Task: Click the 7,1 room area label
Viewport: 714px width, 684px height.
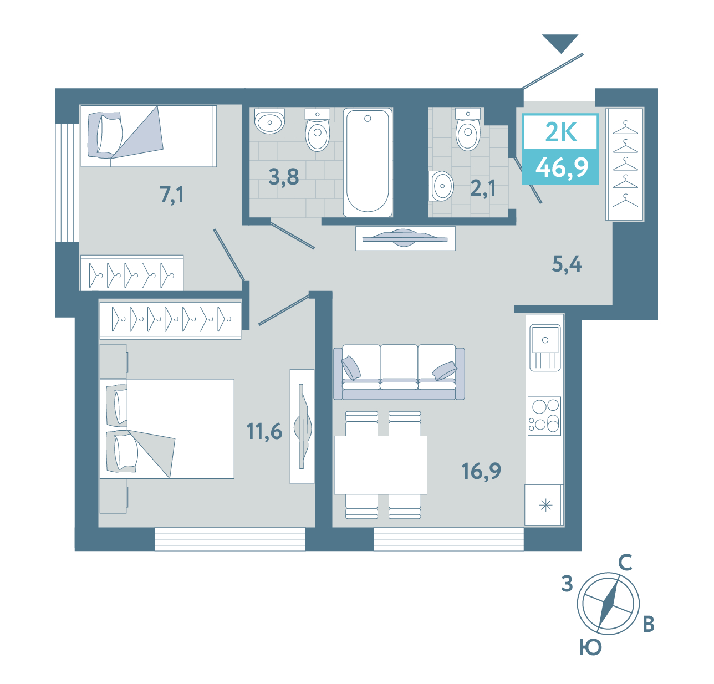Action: click(x=171, y=195)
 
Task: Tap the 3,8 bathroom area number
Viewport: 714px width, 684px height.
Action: click(x=284, y=177)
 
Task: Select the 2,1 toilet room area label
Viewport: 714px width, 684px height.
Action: click(x=483, y=188)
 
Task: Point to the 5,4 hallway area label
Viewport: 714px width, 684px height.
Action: click(x=567, y=264)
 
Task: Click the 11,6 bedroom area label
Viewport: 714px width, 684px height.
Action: click(x=264, y=431)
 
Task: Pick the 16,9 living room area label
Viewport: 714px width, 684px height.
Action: click(x=481, y=471)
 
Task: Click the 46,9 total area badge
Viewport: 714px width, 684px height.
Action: click(x=562, y=167)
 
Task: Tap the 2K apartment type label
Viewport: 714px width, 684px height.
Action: click(x=562, y=132)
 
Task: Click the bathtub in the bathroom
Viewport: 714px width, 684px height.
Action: click(x=368, y=162)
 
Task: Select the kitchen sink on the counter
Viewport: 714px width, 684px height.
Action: click(x=545, y=347)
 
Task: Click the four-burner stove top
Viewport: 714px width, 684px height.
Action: click(x=544, y=416)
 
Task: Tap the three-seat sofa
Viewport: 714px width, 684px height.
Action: click(x=399, y=372)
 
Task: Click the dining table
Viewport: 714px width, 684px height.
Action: click(x=380, y=464)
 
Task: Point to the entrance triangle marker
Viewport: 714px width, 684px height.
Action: click(x=560, y=43)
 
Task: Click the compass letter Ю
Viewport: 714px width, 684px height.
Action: click(x=590, y=647)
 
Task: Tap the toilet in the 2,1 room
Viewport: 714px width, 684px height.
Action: click(x=468, y=129)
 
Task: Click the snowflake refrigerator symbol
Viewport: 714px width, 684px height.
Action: click(x=546, y=506)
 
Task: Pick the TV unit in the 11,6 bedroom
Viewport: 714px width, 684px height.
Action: click(x=302, y=426)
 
